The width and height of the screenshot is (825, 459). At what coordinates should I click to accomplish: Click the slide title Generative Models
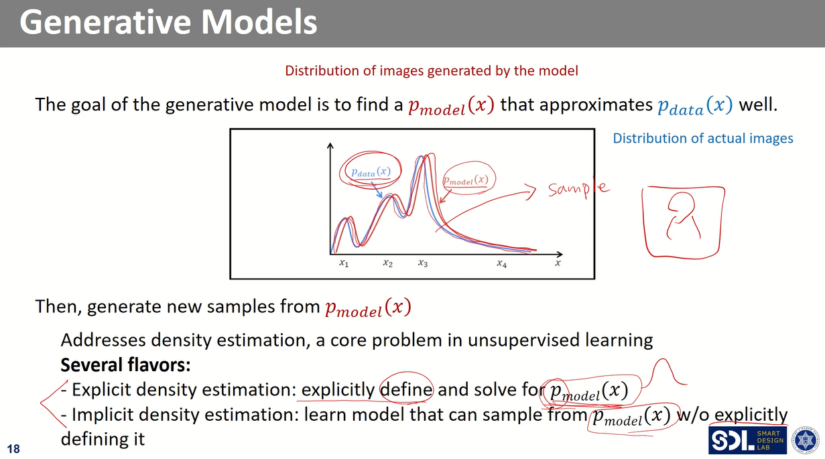(x=168, y=22)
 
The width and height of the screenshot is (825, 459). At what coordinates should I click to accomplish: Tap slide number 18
(x=13, y=449)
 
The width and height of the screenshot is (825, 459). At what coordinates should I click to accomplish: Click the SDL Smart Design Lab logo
(x=747, y=440)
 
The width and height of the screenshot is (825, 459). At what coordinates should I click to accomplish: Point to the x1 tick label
(x=344, y=263)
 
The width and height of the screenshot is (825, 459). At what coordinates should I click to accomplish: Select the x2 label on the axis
(x=387, y=263)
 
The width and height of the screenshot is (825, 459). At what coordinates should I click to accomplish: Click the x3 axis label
(x=423, y=263)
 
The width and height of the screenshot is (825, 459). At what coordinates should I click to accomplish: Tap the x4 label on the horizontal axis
(x=501, y=263)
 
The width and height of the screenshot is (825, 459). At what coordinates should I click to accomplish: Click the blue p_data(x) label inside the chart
(x=371, y=172)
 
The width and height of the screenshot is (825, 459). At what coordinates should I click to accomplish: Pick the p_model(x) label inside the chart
(x=466, y=180)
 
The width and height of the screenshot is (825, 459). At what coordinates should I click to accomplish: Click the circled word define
(x=407, y=389)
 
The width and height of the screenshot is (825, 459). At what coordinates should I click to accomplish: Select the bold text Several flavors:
(x=125, y=365)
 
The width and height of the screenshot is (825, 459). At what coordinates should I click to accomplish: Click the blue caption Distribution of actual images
(x=703, y=138)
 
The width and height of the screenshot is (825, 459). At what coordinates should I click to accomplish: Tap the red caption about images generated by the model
(x=432, y=70)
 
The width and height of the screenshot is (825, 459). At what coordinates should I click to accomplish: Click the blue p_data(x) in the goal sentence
(x=696, y=106)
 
